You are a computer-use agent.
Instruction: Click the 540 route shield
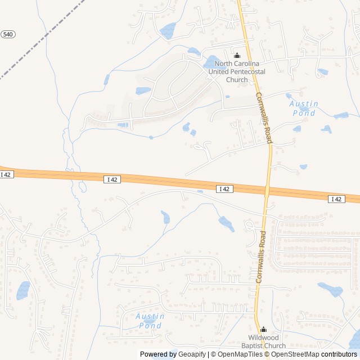(8, 34)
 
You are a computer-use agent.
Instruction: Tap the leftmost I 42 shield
(6, 175)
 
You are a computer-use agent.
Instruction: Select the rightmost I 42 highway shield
(336, 199)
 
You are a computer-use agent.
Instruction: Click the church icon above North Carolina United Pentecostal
(237, 56)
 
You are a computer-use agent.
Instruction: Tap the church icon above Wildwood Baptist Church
(263, 330)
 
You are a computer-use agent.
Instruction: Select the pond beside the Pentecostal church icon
(211, 61)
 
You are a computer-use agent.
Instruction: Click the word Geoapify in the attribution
(193, 354)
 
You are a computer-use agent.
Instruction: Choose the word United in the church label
(220, 72)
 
